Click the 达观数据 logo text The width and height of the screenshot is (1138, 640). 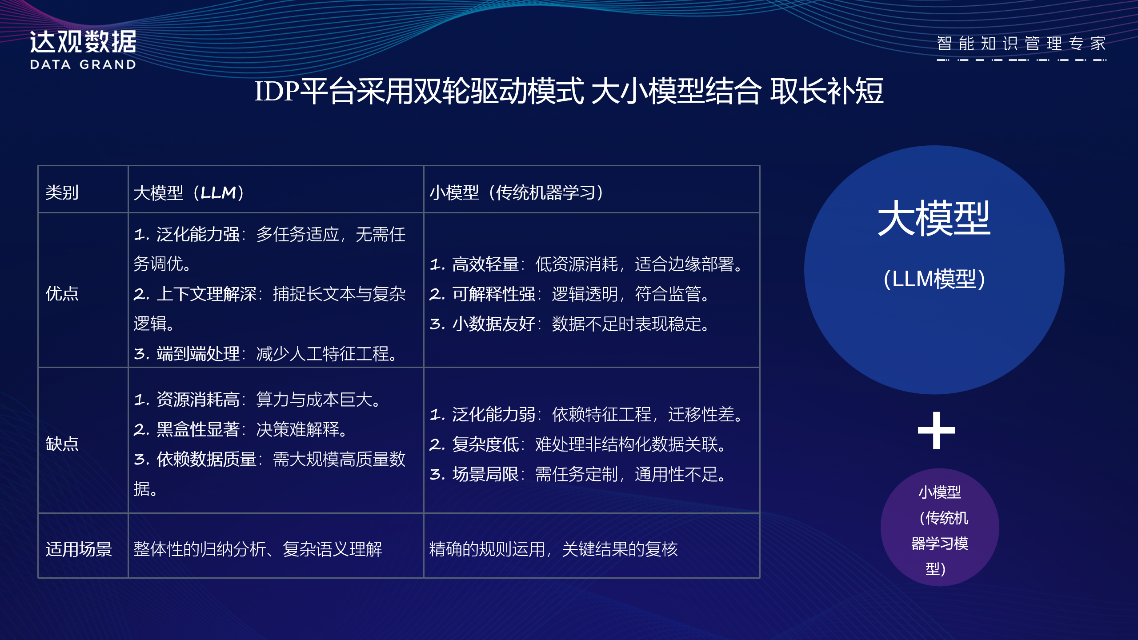83,42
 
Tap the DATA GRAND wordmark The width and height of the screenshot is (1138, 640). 83,65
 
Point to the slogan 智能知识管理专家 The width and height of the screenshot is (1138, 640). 1021,44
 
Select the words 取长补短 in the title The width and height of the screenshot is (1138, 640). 827,91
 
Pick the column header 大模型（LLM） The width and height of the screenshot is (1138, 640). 189,192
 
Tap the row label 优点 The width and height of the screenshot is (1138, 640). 62,293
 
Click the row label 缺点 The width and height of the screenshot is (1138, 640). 62,444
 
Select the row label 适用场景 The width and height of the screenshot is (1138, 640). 79,549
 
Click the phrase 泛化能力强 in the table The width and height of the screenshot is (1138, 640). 198,234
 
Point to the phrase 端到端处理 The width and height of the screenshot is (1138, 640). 198,354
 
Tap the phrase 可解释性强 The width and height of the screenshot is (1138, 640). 494,294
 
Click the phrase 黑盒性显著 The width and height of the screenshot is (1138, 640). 198,429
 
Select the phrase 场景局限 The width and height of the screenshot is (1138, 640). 485,474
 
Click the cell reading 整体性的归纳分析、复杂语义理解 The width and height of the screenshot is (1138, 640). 258,549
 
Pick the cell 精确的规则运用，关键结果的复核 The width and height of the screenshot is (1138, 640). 553,549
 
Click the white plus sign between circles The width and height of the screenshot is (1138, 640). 936,430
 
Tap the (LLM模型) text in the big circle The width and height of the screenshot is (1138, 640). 934,279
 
